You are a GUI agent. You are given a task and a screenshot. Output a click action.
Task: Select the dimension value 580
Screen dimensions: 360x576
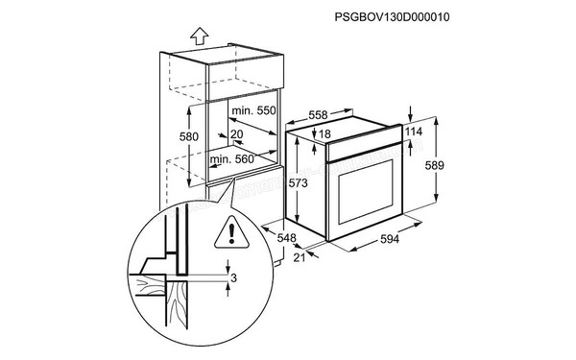190,137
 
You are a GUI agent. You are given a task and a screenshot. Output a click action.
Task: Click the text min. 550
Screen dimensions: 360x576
253,112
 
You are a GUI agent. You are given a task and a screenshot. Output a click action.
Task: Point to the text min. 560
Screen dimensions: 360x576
232,159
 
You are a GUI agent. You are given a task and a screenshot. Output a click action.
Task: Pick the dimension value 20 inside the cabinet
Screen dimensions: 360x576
237,134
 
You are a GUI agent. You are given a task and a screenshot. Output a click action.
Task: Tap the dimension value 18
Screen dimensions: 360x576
324,133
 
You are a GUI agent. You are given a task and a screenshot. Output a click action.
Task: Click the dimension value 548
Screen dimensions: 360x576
286,237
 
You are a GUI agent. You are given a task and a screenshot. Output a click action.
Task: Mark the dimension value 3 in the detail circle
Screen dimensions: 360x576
233,278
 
